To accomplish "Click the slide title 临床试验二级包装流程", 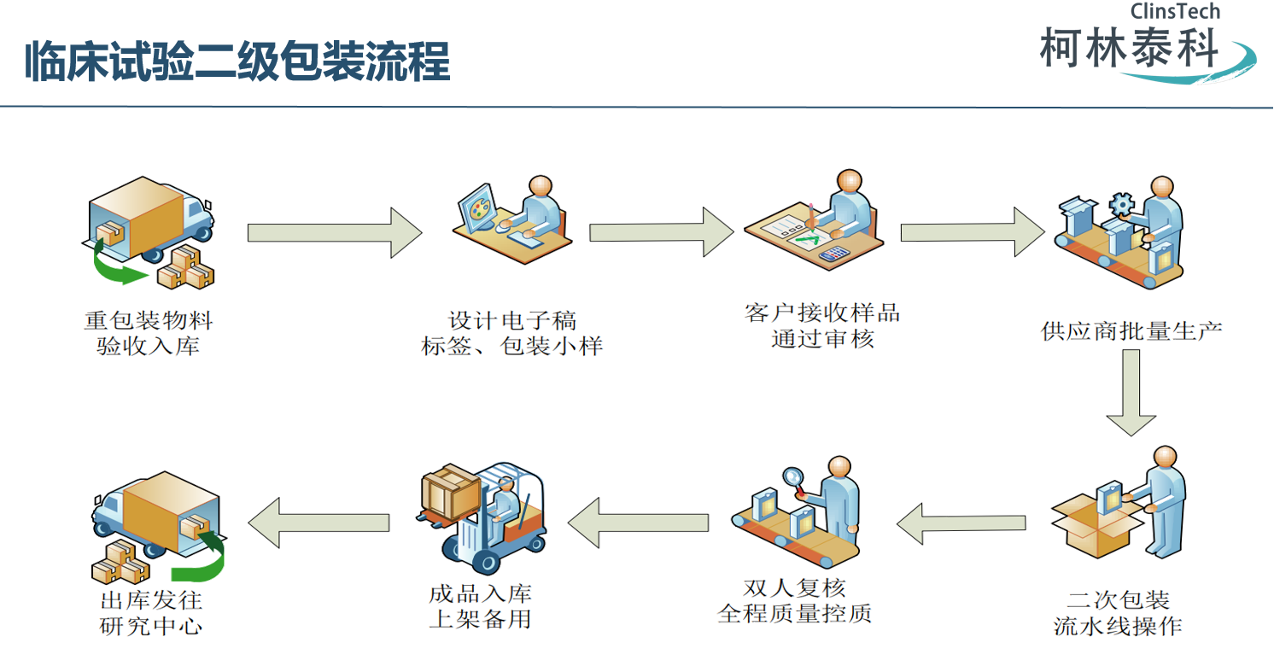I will pos(237,63).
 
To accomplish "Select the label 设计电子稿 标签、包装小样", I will pos(512,333).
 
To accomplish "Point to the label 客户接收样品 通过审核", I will pos(821,325).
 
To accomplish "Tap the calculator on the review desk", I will pos(833,254).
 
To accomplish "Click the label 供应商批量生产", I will pos(1131,330).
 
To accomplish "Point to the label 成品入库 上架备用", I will pos(481,605).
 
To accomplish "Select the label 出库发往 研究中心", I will pos(152,612).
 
